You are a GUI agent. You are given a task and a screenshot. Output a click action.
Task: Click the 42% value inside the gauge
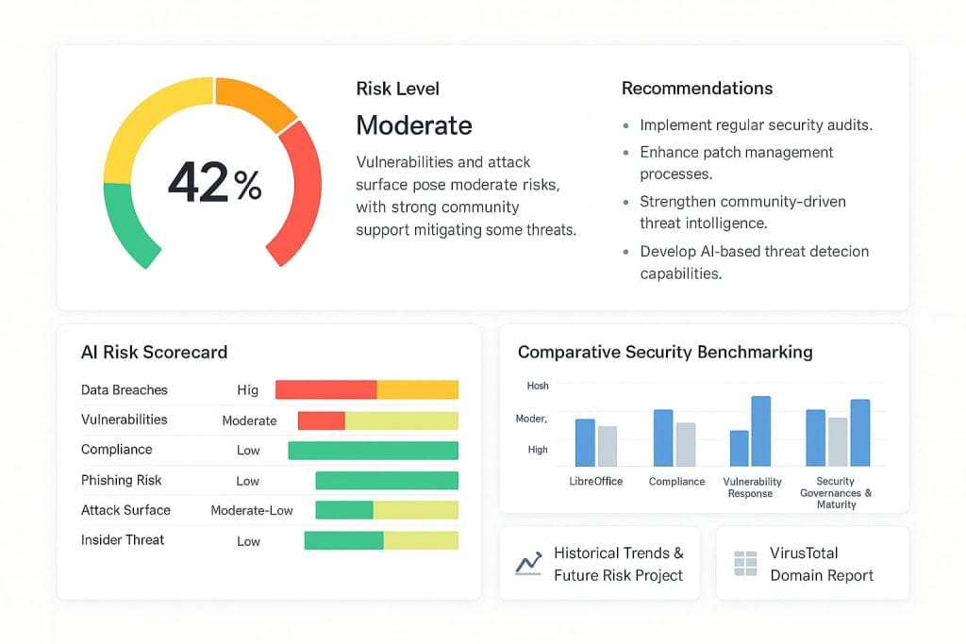214,183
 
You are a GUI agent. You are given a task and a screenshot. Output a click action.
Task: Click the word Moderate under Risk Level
414,124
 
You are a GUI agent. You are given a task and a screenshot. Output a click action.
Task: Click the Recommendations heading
697,89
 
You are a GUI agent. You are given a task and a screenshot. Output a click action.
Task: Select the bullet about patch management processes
736,163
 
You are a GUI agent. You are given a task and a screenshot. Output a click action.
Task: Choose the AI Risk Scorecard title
154,352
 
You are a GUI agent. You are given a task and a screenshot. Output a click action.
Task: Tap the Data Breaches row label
124,389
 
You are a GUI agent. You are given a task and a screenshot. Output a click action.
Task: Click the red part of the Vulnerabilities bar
321,421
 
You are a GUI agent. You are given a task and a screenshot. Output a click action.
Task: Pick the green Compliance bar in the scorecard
373,451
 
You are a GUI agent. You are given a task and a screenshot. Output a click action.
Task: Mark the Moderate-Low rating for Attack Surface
252,510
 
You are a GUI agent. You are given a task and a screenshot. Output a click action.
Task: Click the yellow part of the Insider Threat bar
421,540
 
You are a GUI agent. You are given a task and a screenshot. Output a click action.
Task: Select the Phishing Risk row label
122,480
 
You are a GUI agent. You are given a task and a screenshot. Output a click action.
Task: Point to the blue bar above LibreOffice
585,442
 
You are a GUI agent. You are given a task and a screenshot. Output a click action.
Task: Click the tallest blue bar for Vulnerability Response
760,431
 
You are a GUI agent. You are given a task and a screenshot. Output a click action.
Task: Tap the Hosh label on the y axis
537,386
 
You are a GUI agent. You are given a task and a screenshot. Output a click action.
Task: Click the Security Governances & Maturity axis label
836,493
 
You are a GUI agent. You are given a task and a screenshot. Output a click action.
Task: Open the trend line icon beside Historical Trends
528,564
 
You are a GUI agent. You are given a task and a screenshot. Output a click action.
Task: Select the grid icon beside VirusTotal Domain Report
745,564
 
